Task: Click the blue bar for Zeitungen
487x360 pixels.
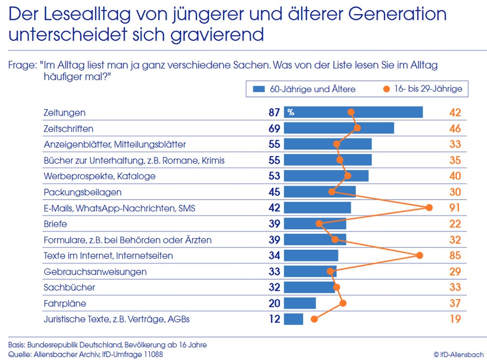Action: (x=353, y=113)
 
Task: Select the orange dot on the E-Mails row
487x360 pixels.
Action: (x=429, y=208)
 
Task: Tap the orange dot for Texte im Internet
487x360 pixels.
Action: (x=419, y=255)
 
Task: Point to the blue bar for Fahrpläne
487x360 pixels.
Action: (x=300, y=303)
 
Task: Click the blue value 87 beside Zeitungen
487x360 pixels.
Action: (x=274, y=113)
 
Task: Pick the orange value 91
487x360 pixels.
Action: (x=455, y=208)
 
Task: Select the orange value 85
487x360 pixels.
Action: (x=455, y=255)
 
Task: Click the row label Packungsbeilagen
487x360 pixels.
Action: (x=82, y=192)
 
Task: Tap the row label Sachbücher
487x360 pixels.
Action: (x=69, y=287)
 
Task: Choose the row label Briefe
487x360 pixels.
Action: (x=55, y=224)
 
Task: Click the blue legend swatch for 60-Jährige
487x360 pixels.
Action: (x=259, y=89)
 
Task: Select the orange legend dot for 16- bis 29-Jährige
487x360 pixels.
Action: (x=387, y=89)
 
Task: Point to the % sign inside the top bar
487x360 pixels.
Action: (x=291, y=113)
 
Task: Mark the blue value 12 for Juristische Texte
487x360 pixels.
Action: (x=274, y=320)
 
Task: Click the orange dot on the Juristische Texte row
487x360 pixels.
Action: (x=314, y=320)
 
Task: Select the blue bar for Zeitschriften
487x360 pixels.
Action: (x=339, y=129)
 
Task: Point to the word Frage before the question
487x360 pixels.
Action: (x=22, y=65)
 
